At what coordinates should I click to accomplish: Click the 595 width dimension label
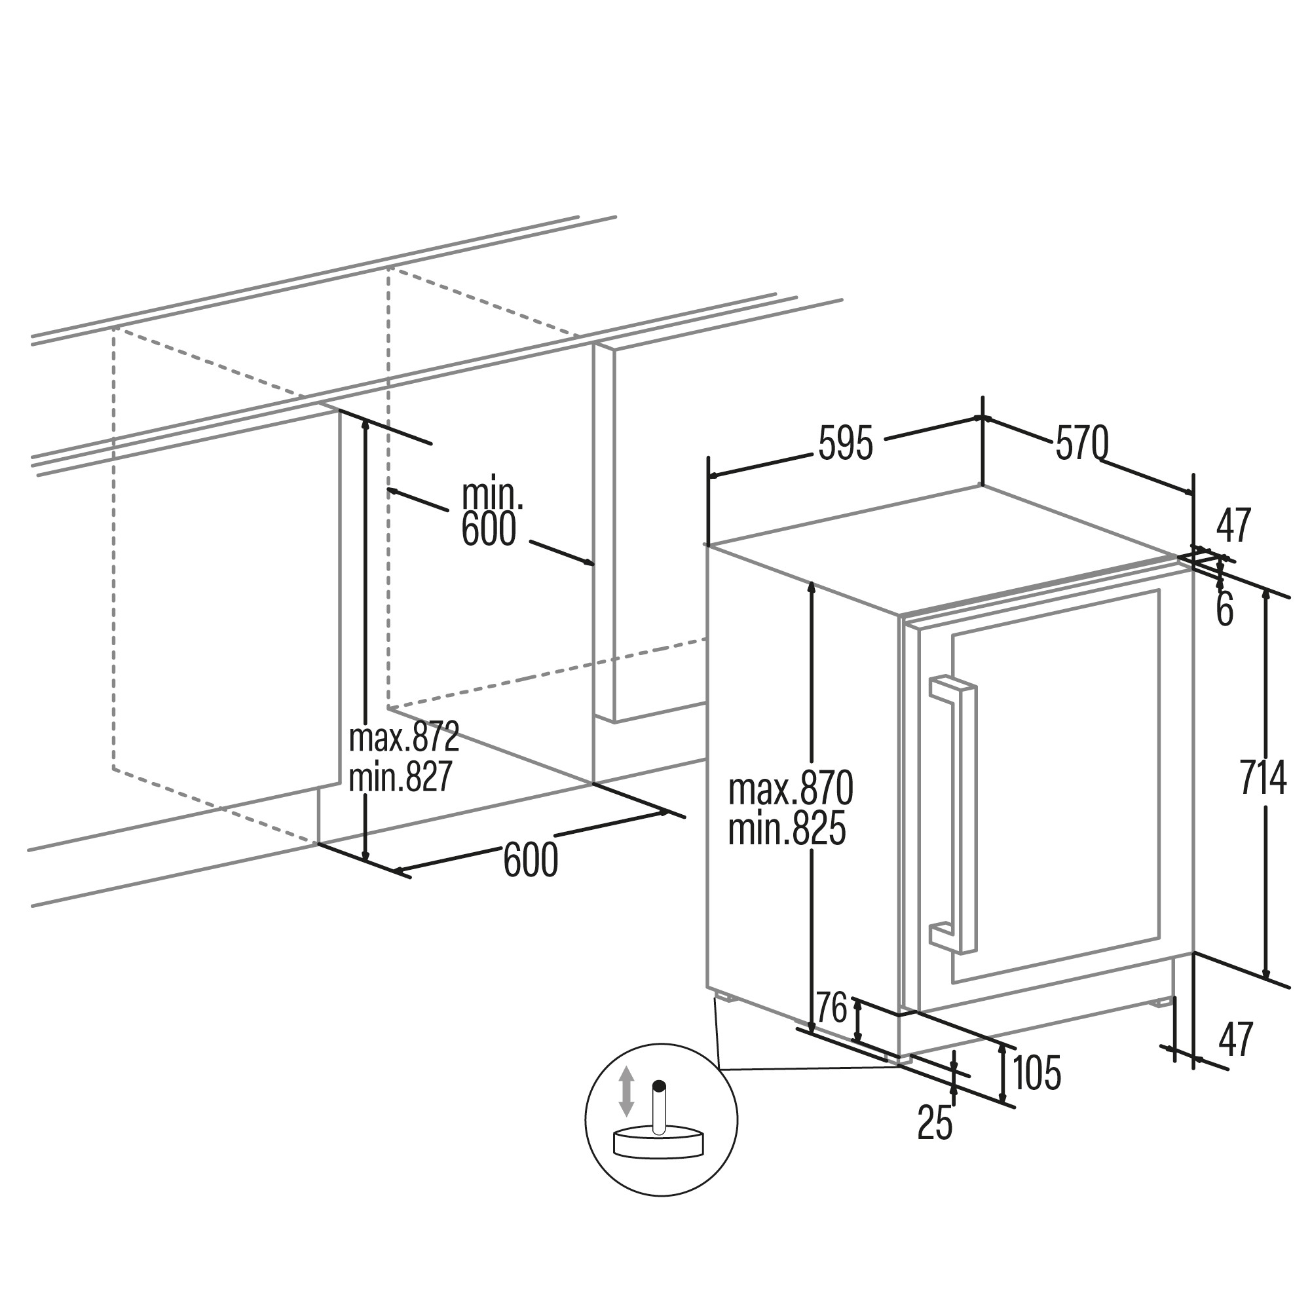[x=846, y=444]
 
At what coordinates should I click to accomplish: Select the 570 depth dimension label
[x=1082, y=443]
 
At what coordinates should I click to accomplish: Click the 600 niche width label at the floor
[x=531, y=860]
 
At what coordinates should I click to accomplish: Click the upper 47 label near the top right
[x=1233, y=525]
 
